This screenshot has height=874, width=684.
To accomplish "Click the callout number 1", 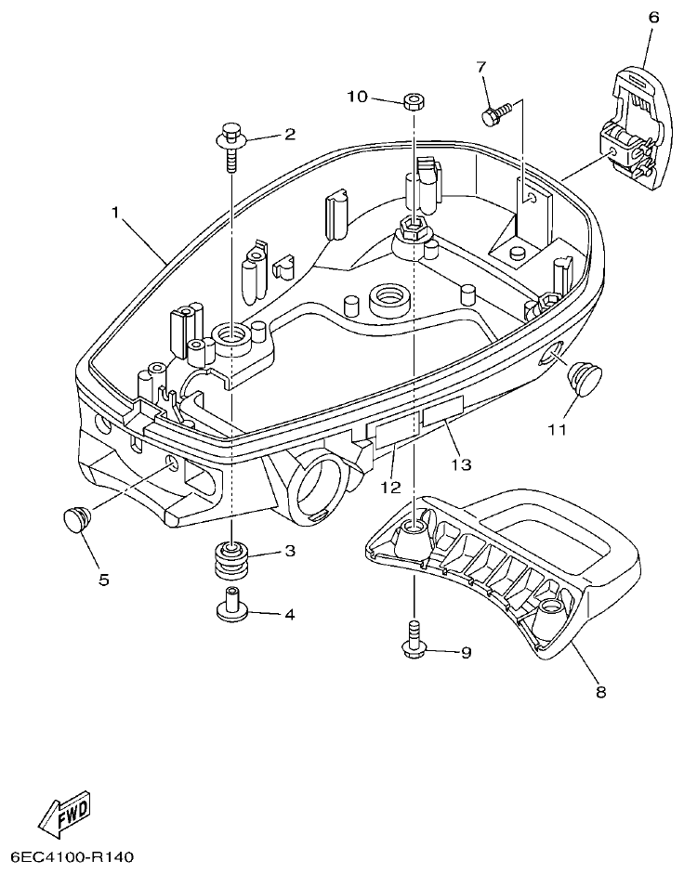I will pos(116,213).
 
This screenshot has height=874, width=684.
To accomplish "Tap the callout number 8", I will pos(600,692).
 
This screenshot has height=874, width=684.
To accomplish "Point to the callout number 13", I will pos(462,463).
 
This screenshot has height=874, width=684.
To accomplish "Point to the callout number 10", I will pos(359,97).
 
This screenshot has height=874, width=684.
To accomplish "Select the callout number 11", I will pos(556,430).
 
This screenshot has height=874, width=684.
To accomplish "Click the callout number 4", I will pos(289,614).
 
